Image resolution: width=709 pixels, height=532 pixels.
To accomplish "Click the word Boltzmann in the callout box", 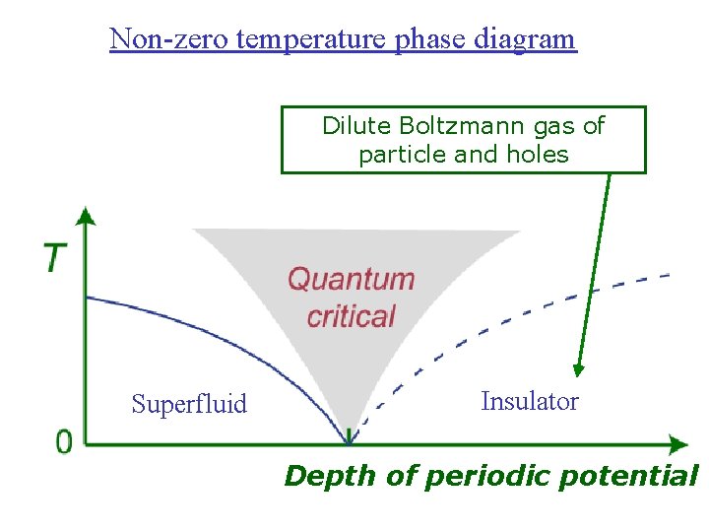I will coord(457,126).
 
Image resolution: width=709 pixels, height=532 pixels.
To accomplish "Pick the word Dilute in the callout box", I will coord(357,126).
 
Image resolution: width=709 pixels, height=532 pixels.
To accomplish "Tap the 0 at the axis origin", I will coord(64,442).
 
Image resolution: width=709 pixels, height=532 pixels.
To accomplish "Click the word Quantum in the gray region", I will coord(351,279).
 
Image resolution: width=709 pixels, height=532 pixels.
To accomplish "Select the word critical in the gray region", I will coord(351,316).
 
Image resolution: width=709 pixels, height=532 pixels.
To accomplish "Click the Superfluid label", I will coord(189,404).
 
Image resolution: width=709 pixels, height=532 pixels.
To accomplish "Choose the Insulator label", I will coord(529,401).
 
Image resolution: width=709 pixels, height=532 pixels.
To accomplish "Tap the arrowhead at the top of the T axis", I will coord(87,215).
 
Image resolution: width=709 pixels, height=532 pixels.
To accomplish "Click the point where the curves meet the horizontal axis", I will coord(349,442).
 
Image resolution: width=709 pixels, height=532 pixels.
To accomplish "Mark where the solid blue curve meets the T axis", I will coord(88,297).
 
